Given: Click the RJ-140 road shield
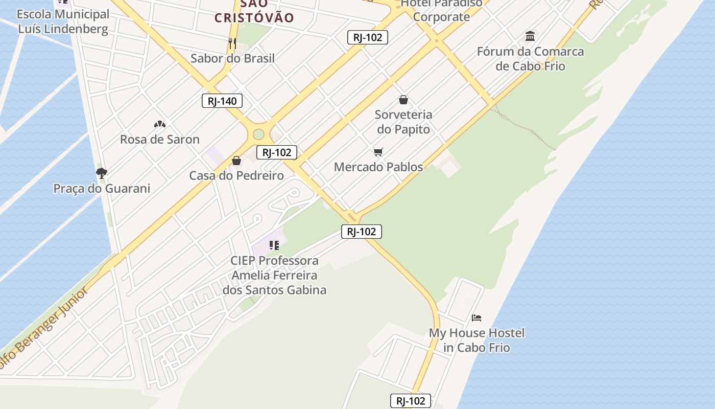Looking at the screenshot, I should click(x=222, y=101).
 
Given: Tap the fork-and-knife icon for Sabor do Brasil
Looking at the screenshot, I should click(x=232, y=43).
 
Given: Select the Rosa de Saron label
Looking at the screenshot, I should click(x=159, y=139).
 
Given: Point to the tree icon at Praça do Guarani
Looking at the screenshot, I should click(x=102, y=173).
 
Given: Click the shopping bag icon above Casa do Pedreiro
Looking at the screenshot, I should click(x=236, y=161).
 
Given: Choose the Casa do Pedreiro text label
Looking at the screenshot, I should click(x=236, y=175).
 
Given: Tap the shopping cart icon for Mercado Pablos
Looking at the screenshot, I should click(x=378, y=152).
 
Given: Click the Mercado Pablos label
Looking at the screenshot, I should click(x=378, y=167).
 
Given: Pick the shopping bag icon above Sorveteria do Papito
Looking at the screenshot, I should click(x=403, y=99).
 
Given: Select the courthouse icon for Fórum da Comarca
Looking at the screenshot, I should click(x=530, y=36).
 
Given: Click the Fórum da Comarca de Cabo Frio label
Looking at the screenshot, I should click(x=530, y=59).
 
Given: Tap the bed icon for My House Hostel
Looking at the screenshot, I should click(x=476, y=318).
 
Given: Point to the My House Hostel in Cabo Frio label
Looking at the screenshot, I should click(x=476, y=340).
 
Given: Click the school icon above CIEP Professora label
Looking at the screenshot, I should click(x=274, y=245).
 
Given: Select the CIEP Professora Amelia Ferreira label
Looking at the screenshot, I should click(x=274, y=275).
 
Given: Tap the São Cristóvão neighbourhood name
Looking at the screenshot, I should click(x=254, y=11).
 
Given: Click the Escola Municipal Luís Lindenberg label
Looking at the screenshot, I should click(x=63, y=21).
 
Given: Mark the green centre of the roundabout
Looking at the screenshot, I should click(x=258, y=134).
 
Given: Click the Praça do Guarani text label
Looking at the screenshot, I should click(x=102, y=188).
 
